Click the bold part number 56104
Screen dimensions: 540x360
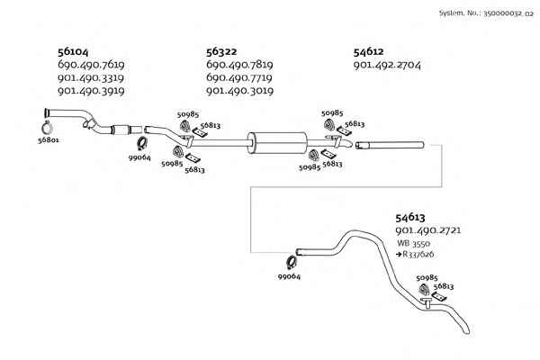tap(73, 51)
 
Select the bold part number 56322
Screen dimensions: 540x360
tap(221, 51)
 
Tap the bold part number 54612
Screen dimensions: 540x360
tap(368, 51)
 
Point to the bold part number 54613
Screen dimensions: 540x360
tap(410, 218)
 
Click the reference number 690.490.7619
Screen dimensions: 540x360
tap(91, 65)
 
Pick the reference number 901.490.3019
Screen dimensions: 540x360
tap(239, 91)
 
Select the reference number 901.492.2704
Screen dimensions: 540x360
tap(387, 65)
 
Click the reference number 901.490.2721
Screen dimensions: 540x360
tap(428, 230)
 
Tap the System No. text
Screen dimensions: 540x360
tap(486, 13)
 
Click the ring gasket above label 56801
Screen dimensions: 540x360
tap(47, 128)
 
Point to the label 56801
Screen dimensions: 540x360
tap(49, 139)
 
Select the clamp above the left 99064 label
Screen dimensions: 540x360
tap(142, 143)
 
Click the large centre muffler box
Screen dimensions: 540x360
tap(276, 142)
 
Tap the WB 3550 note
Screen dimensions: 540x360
tap(413, 243)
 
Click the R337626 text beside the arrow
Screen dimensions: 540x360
tap(418, 254)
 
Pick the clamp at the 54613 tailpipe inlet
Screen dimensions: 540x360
tap(292, 263)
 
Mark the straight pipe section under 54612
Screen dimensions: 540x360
tap(390, 146)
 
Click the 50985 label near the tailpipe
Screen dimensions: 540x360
tap(427, 278)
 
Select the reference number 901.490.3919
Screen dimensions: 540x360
tap(91, 91)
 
